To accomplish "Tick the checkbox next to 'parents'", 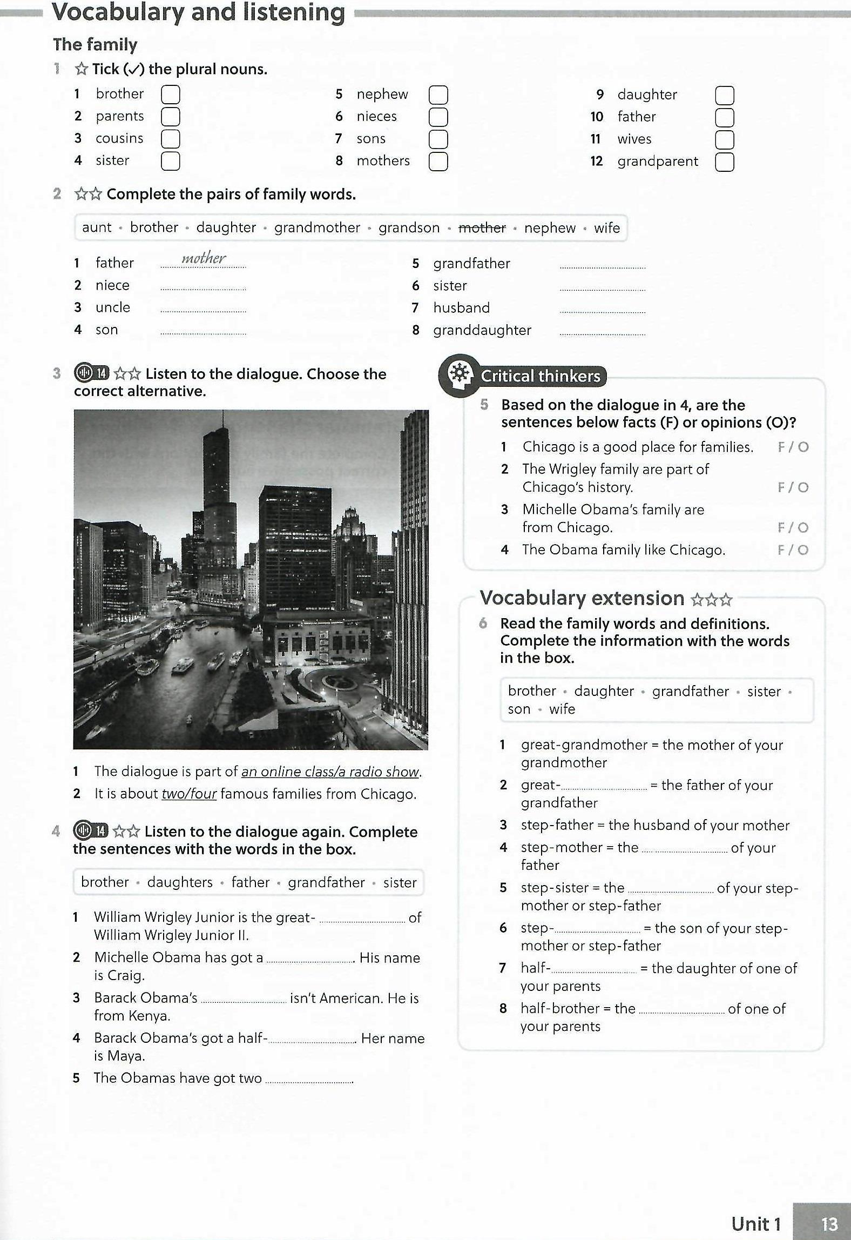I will click(x=170, y=117).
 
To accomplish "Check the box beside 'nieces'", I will click(x=438, y=117).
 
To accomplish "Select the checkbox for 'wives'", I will click(x=724, y=139).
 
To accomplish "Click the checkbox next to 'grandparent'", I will click(x=724, y=162).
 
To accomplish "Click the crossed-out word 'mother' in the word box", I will click(x=482, y=228).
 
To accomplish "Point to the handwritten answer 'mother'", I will click(x=204, y=258).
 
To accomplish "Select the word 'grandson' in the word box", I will click(x=409, y=228).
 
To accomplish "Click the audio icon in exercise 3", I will click(x=91, y=373).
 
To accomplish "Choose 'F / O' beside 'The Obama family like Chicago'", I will click(x=793, y=550).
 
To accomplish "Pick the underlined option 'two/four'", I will click(x=189, y=794).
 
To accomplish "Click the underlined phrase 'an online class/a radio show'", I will click(x=330, y=772).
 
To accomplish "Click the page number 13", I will click(x=829, y=1223).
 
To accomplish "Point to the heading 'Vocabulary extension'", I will click(x=583, y=598).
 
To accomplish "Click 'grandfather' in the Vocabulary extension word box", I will click(x=690, y=691).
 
